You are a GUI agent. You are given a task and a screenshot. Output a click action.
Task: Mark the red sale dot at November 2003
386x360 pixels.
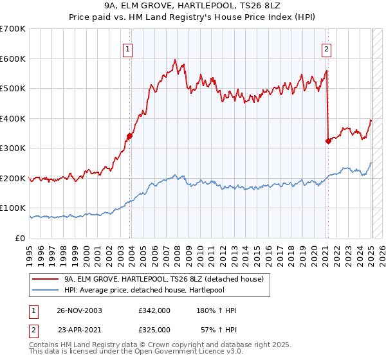tap(130, 136)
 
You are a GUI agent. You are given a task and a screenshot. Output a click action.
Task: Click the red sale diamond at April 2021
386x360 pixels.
tap(328, 141)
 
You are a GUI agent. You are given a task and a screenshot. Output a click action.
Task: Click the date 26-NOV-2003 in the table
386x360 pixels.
tap(79, 310)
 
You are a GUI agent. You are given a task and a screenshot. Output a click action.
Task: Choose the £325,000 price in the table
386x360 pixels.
tap(154, 329)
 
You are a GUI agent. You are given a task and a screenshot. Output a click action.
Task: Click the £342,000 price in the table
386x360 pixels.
tap(154, 310)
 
